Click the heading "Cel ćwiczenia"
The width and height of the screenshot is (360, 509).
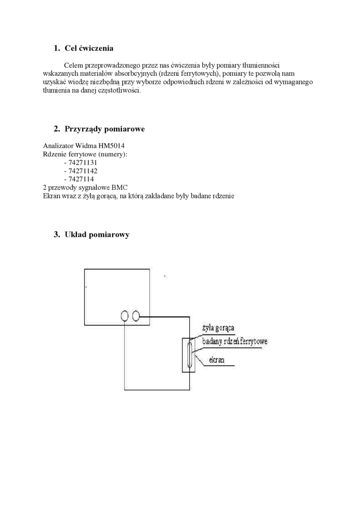click(89, 48)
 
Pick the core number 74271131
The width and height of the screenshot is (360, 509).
click(82, 162)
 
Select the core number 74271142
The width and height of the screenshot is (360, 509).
click(82, 171)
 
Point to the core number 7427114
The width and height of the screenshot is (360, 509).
click(81, 179)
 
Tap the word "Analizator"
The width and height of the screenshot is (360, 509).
click(58, 146)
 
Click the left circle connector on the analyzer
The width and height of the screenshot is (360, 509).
click(125, 316)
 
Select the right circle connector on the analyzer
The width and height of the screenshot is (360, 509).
click(136, 316)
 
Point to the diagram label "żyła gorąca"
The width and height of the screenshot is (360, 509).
click(218, 328)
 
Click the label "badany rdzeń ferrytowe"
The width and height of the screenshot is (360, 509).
click(234, 341)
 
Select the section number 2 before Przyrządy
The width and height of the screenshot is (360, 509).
click(56, 129)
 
